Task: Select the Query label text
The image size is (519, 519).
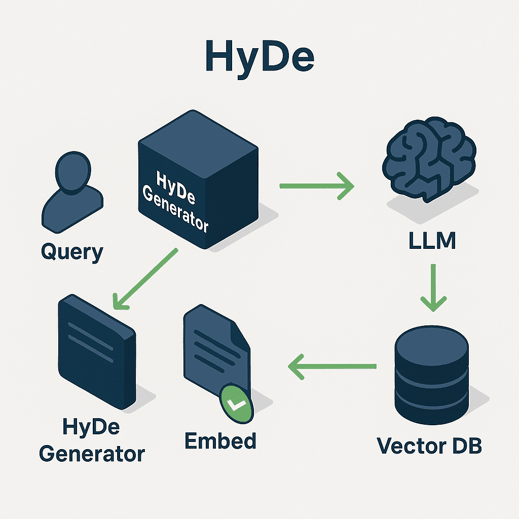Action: (x=71, y=251)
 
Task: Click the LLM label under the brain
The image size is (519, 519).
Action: (x=432, y=241)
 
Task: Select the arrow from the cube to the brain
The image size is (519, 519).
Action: (x=316, y=187)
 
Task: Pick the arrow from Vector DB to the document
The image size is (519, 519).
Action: (x=332, y=366)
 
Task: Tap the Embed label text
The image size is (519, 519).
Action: (x=220, y=441)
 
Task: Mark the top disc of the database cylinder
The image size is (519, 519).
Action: (x=431, y=341)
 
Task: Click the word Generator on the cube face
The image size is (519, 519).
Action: (x=175, y=209)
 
